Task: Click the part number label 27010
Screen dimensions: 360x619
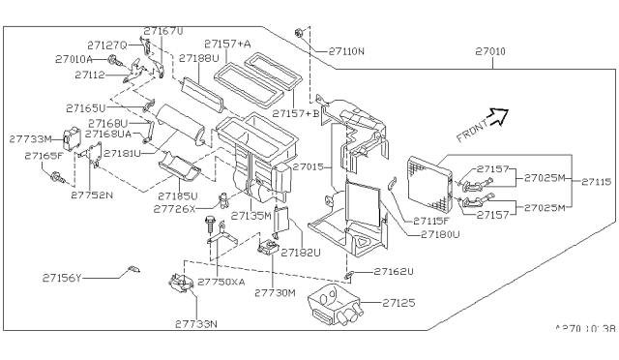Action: click(490, 52)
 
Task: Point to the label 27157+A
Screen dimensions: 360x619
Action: click(227, 44)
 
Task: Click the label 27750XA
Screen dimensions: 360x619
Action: click(221, 281)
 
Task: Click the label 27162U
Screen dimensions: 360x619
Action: click(394, 272)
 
